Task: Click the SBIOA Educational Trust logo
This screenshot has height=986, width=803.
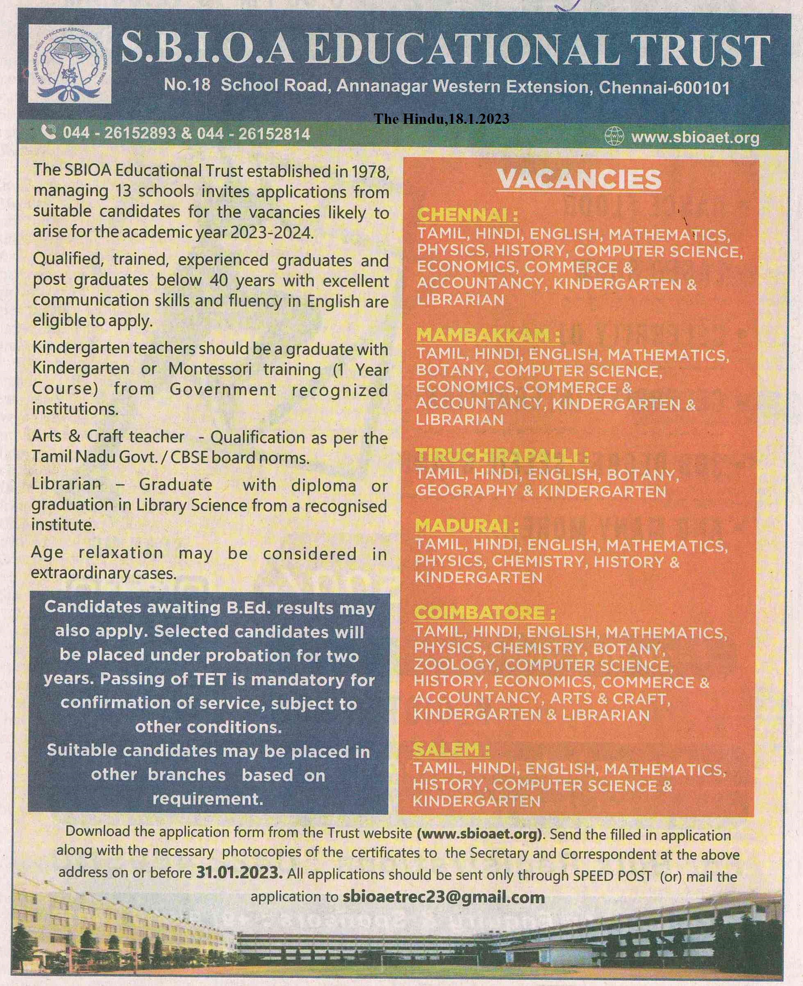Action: click(69, 64)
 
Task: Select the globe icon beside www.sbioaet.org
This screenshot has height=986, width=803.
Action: click(614, 137)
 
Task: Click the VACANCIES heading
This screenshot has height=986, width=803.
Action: click(579, 180)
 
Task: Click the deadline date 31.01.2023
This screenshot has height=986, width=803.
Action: click(239, 872)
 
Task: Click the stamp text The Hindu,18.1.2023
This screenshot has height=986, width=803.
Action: click(441, 119)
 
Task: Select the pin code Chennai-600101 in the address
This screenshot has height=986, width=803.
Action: click(664, 87)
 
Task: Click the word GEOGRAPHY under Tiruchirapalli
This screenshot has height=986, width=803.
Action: click(466, 490)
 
